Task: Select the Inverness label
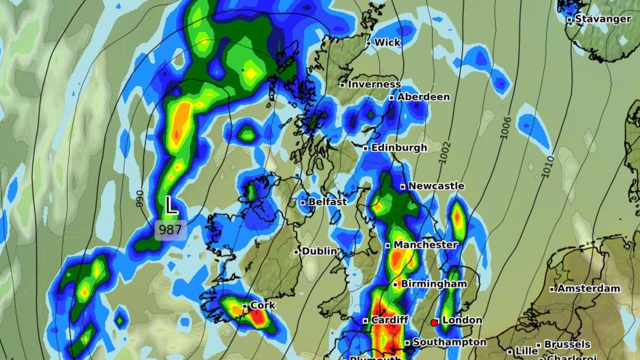[x=374, y=84]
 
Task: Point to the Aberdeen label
[x=423, y=97]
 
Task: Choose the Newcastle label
[x=436, y=186]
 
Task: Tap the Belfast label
[x=327, y=202]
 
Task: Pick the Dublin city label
[x=319, y=251]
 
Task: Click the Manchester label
[x=425, y=245]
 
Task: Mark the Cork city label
[x=263, y=305]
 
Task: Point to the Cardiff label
[x=389, y=320]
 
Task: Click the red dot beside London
[x=434, y=322]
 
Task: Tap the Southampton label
[x=449, y=342]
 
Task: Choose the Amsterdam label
[x=589, y=289]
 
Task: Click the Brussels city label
[x=567, y=344]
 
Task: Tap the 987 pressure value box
[x=170, y=229]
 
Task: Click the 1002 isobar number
[x=445, y=152]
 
